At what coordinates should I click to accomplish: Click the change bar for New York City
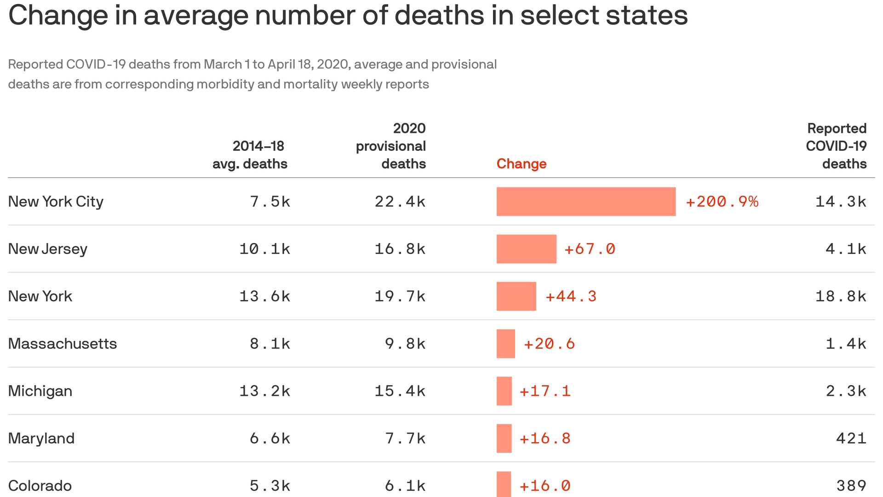pos(586,202)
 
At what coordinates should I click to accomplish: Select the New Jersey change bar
pos(526,249)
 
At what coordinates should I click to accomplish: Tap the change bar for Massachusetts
pos(505,344)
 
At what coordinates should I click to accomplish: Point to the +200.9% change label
pos(722,202)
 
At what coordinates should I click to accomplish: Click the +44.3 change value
pos(571,296)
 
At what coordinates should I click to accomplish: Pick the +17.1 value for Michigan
pos(545,391)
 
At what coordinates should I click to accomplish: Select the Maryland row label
pos(41,438)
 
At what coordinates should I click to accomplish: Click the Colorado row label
pos(40,485)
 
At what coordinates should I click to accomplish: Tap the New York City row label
pos(56,202)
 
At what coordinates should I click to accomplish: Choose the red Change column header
pos(521,164)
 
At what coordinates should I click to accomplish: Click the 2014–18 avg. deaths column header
pos(250,155)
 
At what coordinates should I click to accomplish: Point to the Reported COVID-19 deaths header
pos(836,146)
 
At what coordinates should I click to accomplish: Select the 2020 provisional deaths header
pos(391,146)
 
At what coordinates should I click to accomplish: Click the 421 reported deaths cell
pos(851,438)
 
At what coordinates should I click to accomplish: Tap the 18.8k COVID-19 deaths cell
pos(841,296)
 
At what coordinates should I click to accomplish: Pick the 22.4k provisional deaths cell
pos(400,202)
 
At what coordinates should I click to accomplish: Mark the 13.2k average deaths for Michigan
pos(265,391)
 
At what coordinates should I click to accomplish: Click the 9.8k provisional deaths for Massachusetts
pos(405,344)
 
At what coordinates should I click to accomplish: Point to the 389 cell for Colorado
pos(851,485)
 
